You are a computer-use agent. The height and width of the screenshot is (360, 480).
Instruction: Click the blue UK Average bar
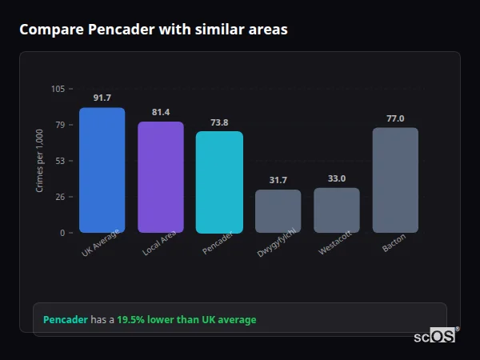point(102,170)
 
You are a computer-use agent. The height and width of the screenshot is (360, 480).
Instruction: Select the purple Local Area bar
point(161,177)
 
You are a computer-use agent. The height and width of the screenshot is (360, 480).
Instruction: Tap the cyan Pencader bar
point(219,182)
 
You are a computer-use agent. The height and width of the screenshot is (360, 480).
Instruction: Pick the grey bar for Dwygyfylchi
point(278,211)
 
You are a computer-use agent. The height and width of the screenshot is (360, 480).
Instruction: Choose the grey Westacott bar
point(337,210)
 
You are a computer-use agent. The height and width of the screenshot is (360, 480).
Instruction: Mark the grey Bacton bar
point(395,180)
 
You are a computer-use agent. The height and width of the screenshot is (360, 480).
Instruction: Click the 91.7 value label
point(102,98)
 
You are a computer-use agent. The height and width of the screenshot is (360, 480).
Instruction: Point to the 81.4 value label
point(161,112)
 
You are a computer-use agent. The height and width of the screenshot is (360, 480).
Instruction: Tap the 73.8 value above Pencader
point(219,122)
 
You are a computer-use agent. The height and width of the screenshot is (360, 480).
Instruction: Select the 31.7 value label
point(278,180)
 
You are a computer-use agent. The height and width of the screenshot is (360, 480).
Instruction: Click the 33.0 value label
point(337,178)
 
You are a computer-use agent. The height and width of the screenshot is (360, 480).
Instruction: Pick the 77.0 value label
point(395,118)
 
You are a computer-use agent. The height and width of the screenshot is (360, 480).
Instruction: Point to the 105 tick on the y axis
point(58,89)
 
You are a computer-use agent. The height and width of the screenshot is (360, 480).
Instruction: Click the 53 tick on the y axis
point(60,161)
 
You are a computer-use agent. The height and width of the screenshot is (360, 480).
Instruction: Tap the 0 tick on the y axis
point(62,233)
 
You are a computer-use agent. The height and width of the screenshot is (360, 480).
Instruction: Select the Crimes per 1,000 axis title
point(40,161)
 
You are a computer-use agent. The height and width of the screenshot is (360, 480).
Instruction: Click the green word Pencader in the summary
point(65,320)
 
